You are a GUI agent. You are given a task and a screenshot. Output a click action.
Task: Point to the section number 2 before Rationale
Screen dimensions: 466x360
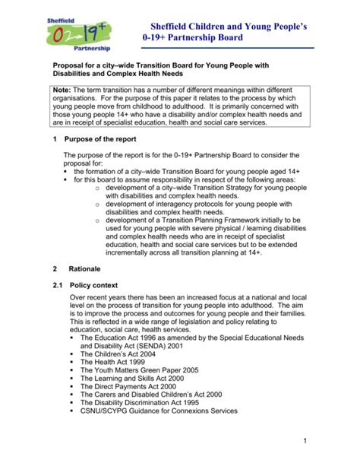[55, 269]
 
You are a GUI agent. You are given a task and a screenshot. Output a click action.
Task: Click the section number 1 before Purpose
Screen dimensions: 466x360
[55, 140]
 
